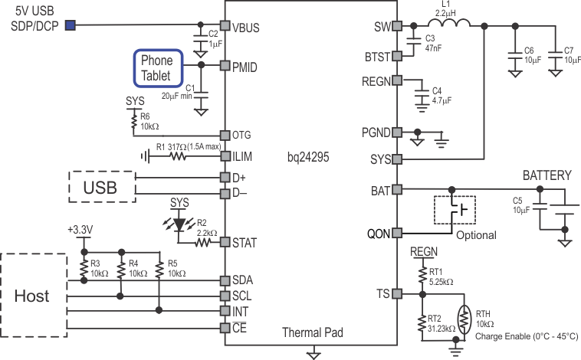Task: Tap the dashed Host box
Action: [x=33, y=295]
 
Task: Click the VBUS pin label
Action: [x=245, y=28]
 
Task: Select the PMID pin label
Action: [x=245, y=67]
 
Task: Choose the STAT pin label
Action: [x=245, y=242]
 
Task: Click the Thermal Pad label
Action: [x=312, y=333]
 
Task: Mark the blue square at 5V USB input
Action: [x=71, y=26]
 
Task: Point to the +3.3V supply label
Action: [x=81, y=230]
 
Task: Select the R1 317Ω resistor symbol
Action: [x=179, y=156]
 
